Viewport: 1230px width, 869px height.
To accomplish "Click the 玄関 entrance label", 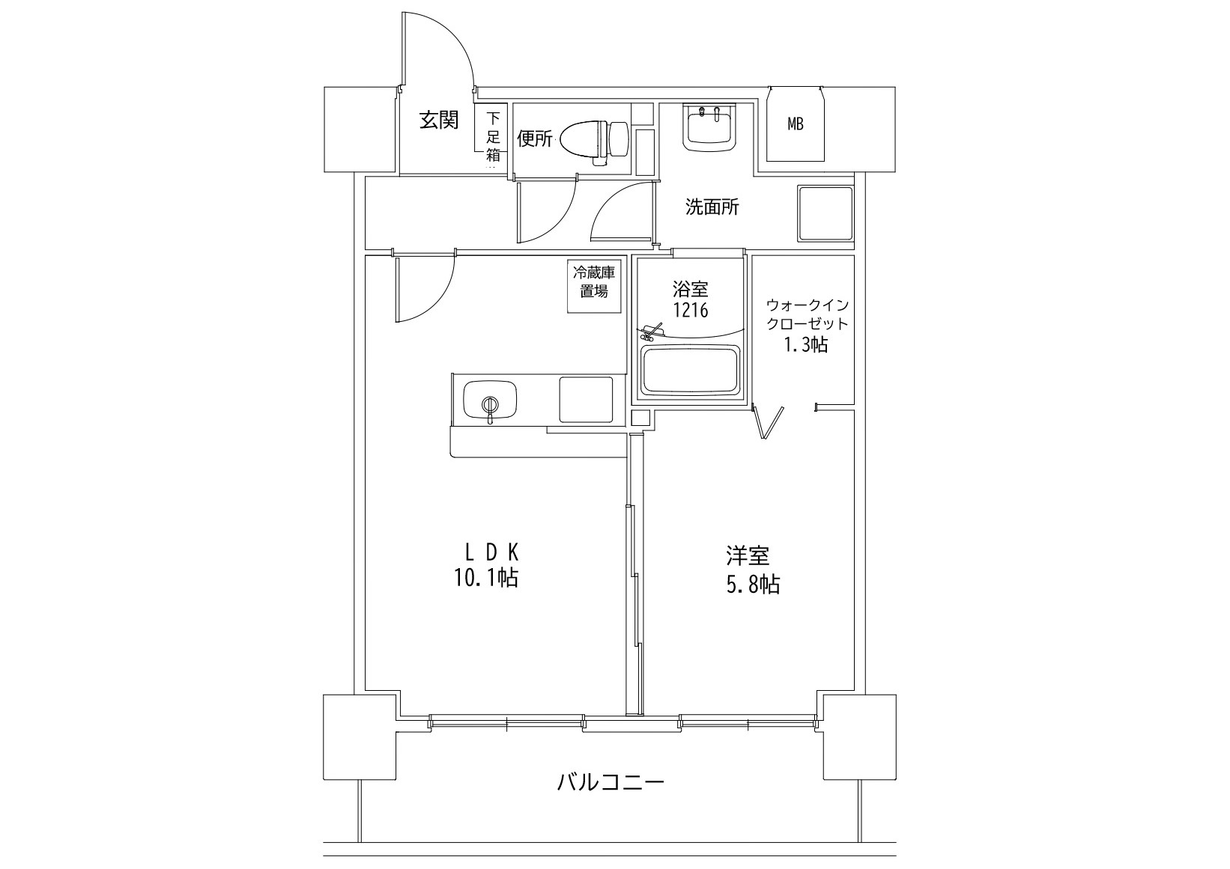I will point(438,120).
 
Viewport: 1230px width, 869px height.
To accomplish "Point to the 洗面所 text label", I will point(712,207).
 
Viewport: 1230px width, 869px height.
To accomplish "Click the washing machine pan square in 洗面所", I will point(825,213).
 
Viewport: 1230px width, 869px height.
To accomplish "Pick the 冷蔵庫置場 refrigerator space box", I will point(595,283).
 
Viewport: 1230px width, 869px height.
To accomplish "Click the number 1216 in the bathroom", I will point(690,309).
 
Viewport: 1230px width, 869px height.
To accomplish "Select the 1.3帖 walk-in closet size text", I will point(806,344).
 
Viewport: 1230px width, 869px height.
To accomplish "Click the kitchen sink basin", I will point(490,399).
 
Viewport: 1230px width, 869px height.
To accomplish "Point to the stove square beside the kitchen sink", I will point(585,399).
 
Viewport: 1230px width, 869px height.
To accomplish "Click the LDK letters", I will point(491,552).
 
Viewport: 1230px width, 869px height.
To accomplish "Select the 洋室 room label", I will point(747,555).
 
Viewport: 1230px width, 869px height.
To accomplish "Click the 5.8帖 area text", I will point(752,584).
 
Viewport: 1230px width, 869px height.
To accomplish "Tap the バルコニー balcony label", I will point(611,783).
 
